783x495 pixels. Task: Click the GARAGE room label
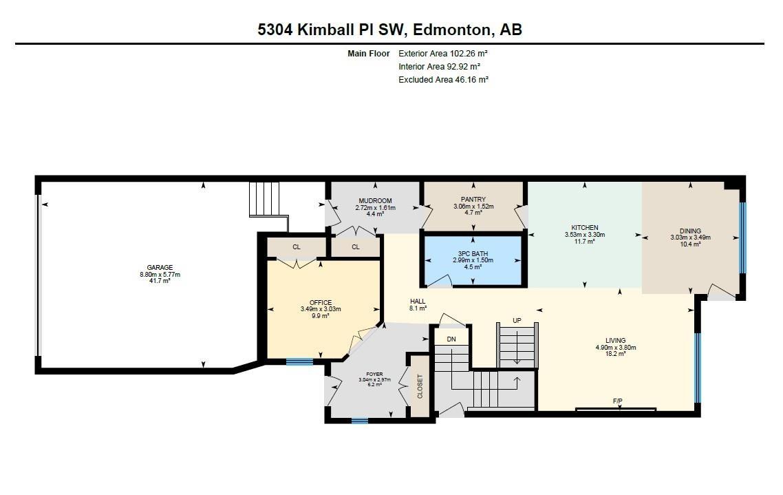coord(159,268)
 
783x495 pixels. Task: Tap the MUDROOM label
coord(375,201)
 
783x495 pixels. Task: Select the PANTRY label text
coord(474,200)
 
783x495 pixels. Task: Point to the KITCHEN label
coord(585,228)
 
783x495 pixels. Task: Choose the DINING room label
coord(690,231)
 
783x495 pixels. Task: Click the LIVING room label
coord(615,341)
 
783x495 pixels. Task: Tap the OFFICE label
coord(321,303)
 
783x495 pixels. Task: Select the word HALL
coord(418,302)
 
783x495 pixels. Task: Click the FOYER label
coord(374,374)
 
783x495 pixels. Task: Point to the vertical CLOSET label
coord(420,386)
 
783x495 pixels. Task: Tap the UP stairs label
coord(517,321)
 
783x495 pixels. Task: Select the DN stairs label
coord(451,339)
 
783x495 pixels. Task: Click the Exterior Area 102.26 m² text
coord(443,53)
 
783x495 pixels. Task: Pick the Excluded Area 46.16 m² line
coord(443,80)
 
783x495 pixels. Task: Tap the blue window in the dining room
coord(742,238)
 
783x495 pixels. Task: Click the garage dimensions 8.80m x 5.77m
coord(159,275)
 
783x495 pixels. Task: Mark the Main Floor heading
coord(369,53)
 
